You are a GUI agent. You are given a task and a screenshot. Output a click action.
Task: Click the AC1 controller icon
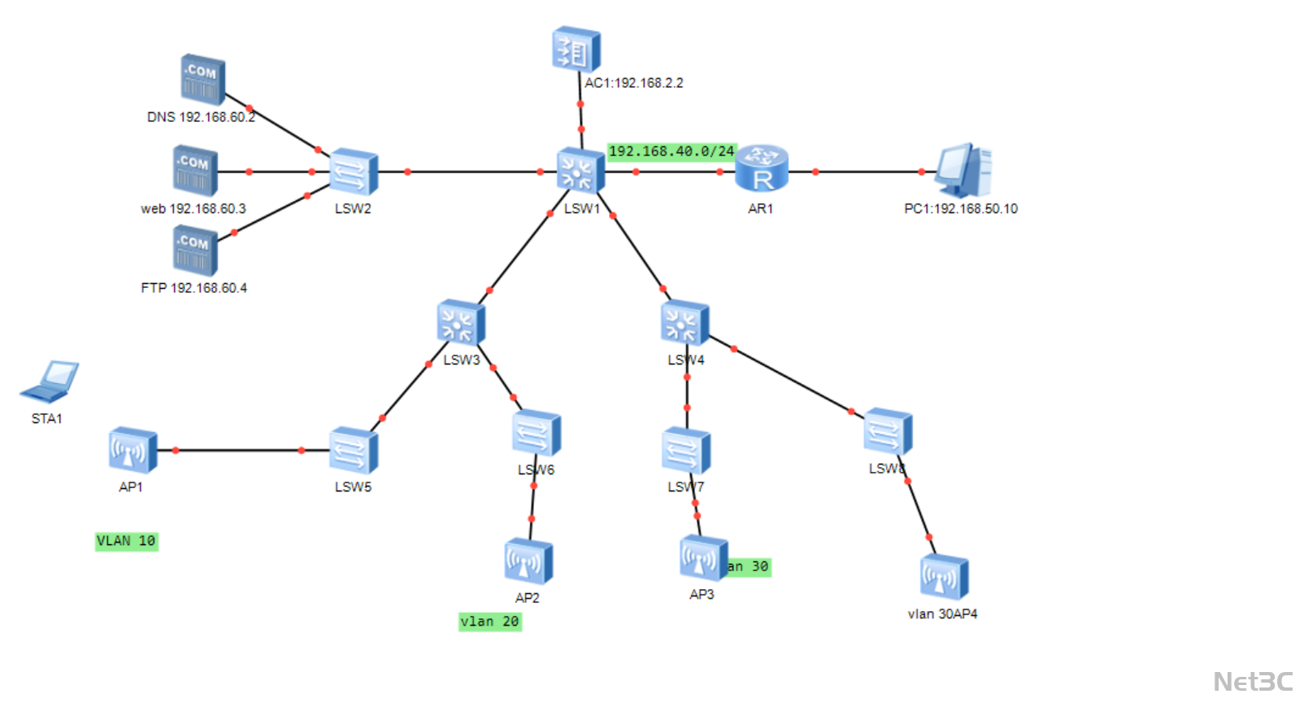[x=576, y=50]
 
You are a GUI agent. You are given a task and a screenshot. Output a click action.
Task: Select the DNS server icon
[x=202, y=80]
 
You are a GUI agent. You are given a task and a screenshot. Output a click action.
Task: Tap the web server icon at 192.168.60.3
[x=195, y=171]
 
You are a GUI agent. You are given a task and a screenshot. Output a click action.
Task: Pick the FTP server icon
[x=195, y=251]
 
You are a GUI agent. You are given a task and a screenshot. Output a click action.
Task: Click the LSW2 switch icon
[x=354, y=172]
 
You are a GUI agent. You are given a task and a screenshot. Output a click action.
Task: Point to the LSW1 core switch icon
[x=580, y=172]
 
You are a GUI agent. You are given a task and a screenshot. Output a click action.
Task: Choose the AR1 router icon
[x=762, y=169]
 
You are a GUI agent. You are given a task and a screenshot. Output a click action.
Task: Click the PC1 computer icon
[x=963, y=170]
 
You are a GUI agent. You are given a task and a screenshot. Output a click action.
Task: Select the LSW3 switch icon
[x=461, y=323]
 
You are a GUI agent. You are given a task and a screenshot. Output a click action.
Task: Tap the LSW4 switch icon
[x=684, y=323]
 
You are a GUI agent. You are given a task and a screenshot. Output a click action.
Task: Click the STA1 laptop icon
[x=50, y=382]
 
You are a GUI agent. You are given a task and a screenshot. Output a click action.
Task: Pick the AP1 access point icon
[x=133, y=450]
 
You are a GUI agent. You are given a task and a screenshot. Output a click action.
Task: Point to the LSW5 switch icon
[x=354, y=450]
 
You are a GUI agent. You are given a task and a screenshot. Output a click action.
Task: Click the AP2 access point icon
[x=528, y=561]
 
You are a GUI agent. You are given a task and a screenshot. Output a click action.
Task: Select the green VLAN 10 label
[x=126, y=541]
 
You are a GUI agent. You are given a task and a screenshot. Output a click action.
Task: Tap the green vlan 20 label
[x=489, y=622]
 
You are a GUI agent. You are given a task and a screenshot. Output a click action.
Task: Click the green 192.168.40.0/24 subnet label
[x=671, y=151]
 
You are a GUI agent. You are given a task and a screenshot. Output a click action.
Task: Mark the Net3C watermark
[x=1253, y=682]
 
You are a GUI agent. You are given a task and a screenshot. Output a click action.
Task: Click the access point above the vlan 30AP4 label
[x=944, y=577]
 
